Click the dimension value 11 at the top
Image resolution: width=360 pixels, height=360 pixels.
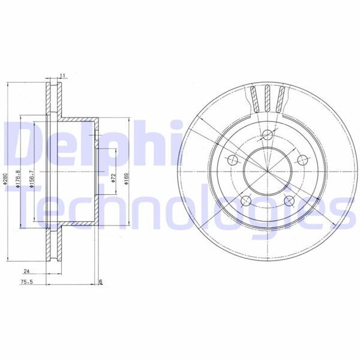click(x=62, y=76)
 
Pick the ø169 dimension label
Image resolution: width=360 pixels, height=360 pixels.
click(x=127, y=179)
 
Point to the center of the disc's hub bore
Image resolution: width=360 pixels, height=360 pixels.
click(x=266, y=170)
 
